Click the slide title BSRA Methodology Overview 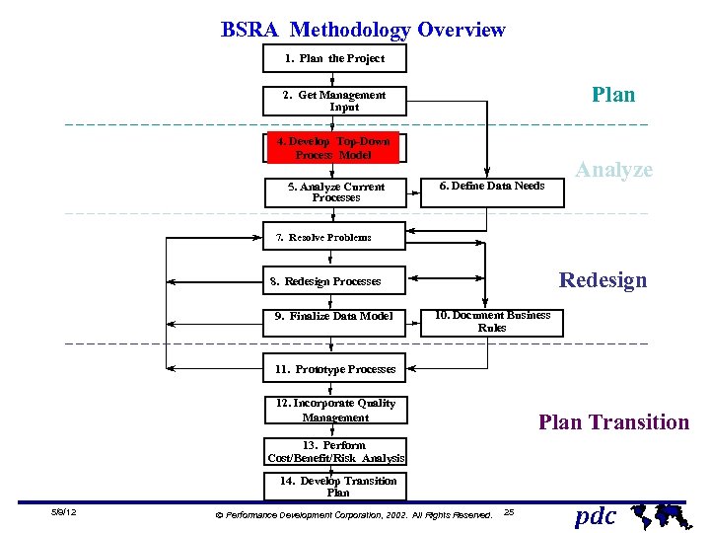(363, 30)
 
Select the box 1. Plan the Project (334, 58)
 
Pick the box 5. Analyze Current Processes (336, 191)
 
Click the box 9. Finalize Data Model (334, 316)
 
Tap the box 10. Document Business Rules (492, 321)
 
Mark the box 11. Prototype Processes (335, 369)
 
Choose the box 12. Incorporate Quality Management (335, 411)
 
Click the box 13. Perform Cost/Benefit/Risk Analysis (336, 451)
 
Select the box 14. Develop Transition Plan (336, 486)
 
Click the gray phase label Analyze (613, 170)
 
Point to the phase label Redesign (603, 279)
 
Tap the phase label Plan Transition (613, 422)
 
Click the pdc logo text (596, 515)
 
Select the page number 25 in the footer (508, 511)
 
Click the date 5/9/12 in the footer (64, 512)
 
